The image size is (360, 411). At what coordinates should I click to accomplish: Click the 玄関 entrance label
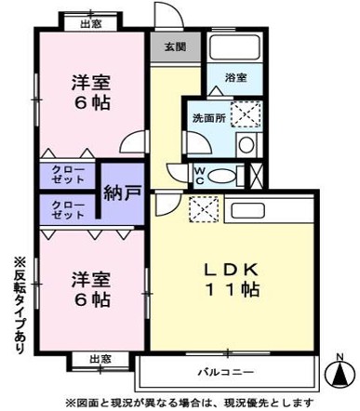click(x=176, y=46)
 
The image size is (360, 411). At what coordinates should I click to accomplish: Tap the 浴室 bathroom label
click(x=234, y=80)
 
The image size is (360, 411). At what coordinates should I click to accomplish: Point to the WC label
click(x=199, y=174)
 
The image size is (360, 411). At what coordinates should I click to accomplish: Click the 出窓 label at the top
click(x=90, y=23)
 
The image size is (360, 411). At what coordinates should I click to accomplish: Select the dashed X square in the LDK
click(x=202, y=209)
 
